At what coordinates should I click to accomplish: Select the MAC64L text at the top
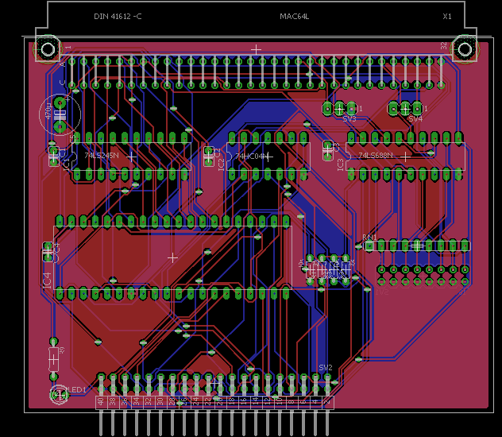294,17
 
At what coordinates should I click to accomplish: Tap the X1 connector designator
447,17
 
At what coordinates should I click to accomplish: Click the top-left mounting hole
48,50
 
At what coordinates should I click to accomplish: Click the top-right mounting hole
464,50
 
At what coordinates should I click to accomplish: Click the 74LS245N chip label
101,156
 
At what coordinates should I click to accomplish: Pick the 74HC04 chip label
252,157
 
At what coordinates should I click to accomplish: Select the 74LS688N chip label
376,156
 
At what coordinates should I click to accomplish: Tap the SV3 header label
349,118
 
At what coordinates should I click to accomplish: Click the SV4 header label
415,118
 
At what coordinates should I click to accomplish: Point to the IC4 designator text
47,280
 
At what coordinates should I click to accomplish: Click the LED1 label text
78,389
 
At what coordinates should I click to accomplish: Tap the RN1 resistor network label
369,238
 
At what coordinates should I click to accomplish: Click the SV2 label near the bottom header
325,367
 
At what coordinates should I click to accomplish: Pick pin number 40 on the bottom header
101,402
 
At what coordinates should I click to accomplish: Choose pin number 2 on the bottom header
327,402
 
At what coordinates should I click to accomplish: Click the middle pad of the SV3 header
339,108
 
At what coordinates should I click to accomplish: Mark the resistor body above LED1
54,358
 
